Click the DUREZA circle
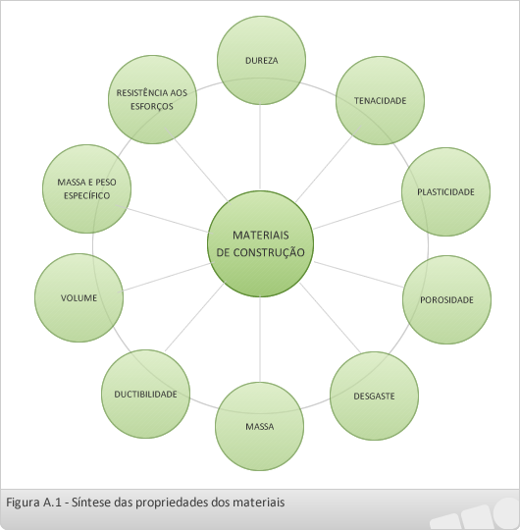click(262, 61)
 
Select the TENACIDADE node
click(380, 100)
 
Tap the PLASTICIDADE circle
click(446, 191)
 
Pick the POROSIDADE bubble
click(447, 299)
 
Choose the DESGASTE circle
click(374, 396)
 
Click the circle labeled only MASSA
click(259, 427)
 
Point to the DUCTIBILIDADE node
click(145, 395)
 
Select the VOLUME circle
click(79, 297)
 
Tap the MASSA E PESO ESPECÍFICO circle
click(87, 189)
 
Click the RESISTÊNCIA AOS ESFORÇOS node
click(152, 100)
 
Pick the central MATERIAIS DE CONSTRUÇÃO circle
click(261, 243)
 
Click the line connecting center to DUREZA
click(260, 146)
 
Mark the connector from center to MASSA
click(260, 339)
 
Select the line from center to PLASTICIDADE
click(357, 215)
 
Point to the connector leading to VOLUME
click(166, 277)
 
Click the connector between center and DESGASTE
click(331, 318)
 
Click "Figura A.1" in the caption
click(33, 503)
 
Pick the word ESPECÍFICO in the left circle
click(87, 195)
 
